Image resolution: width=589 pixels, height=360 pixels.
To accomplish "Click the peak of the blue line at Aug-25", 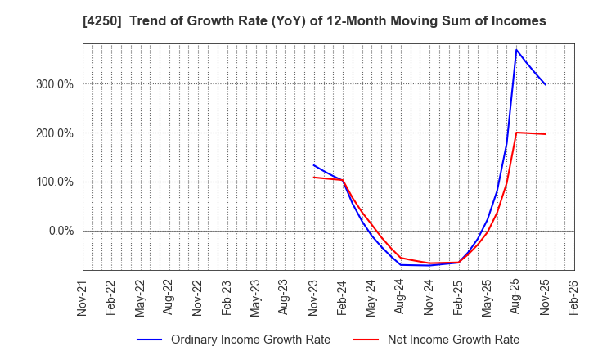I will coord(516,50).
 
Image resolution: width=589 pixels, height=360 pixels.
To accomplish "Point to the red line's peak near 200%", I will coord(516,133).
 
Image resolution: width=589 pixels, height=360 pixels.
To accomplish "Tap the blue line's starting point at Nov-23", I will coord(313,165).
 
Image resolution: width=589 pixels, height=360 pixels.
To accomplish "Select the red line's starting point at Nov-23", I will coord(313,178).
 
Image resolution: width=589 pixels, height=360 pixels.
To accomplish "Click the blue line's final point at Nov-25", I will coord(546,85).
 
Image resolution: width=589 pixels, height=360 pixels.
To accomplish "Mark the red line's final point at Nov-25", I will coord(546,134).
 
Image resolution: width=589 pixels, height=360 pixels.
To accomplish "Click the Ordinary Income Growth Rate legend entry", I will coord(250,340).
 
